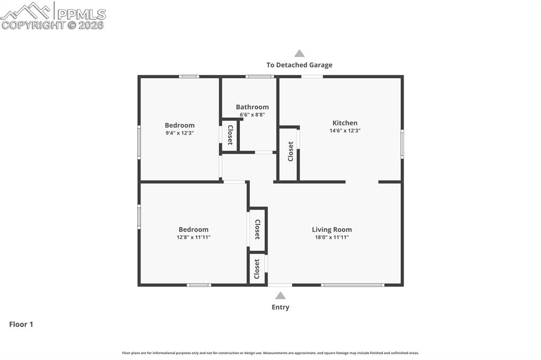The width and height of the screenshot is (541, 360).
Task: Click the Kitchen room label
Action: coord(344,123)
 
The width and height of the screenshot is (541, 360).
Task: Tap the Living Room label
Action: coord(332,230)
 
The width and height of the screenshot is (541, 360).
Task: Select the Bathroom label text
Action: coord(252,107)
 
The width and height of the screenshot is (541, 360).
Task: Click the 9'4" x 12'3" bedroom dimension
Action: coord(180,133)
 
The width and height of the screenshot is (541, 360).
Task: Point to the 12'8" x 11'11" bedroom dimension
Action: coord(193,238)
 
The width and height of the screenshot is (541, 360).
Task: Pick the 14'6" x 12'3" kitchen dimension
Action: coord(344,130)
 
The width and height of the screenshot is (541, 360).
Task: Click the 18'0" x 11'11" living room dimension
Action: coord(332,238)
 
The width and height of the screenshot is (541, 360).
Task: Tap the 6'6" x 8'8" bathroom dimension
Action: coord(252,115)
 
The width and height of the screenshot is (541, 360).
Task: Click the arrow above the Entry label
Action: coord(280,296)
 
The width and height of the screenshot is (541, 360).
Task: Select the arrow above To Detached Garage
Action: coord(299,53)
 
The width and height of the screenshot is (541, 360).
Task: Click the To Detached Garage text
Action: coord(299,65)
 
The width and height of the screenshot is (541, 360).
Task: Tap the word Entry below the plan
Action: coord(280,307)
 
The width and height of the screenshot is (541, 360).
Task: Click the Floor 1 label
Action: coord(21,325)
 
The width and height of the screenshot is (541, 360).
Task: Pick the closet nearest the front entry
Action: coord(257,268)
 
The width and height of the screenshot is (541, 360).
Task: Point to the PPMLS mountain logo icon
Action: coord(26,11)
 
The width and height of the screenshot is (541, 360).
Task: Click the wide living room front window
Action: coord(352,285)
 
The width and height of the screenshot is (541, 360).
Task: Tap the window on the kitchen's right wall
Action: coord(402,144)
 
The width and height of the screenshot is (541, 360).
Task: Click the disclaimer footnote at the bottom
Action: coord(270,353)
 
